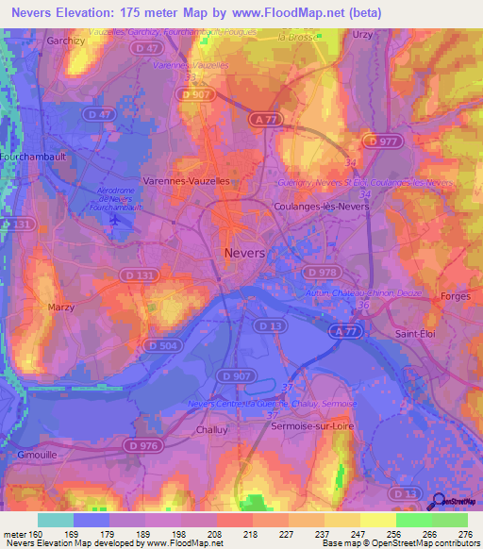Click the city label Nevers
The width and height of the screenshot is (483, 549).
tap(245, 253)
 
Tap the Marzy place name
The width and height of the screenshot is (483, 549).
tap(61, 308)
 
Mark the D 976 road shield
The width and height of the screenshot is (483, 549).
tap(142, 445)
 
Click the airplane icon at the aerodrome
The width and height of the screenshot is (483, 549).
tap(116, 220)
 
